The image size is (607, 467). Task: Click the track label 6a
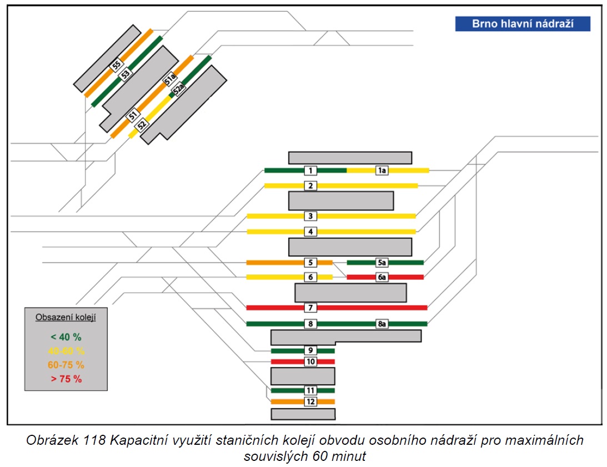click(382, 277)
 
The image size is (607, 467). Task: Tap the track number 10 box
click(310, 361)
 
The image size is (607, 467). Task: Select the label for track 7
click(310, 308)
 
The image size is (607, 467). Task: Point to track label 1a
click(382, 170)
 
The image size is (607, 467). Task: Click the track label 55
click(117, 64)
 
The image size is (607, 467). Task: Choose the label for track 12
click(310, 401)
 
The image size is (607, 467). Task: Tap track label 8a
click(382, 324)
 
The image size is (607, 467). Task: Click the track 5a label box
click(382, 263)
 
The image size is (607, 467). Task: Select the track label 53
click(125, 74)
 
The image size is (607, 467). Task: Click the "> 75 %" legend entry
click(66, 379)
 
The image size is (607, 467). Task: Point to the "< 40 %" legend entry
click(66, 337)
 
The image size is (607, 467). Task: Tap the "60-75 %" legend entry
click(66, 365)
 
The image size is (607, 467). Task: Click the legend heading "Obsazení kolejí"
click(66, 318)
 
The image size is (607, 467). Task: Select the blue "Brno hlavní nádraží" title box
click(523, 24)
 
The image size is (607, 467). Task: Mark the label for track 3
click(310, 216)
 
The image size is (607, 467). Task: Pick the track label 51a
click(169, 80)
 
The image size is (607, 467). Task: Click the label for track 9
click(310, 350)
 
